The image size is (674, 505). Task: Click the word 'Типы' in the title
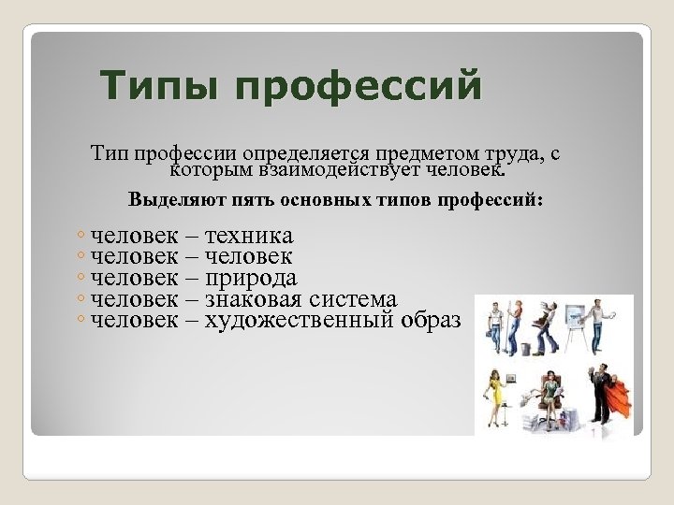(x=160, y=88)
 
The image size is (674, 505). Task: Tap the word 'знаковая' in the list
(x=257, y=299)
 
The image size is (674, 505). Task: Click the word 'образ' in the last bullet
(x=431, y=320)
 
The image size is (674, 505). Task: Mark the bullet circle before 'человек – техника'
(x=82, y=237)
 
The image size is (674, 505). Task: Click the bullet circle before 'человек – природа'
(x=82, y=279)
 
